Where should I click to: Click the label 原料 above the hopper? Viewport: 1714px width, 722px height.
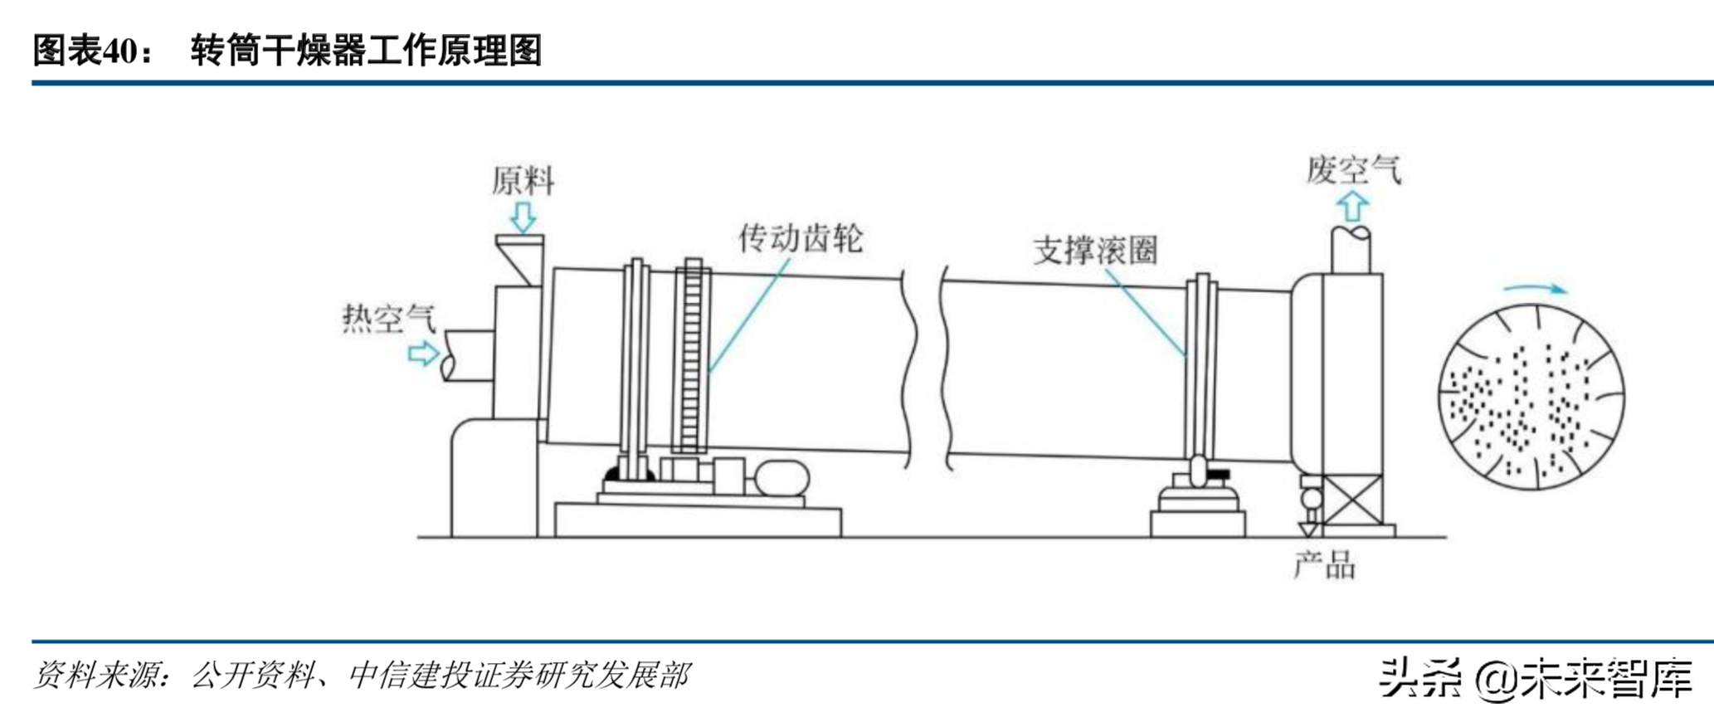(x=522, y=180)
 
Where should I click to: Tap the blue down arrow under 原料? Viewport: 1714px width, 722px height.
(x=523, y=217)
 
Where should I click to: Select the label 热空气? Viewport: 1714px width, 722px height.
(x=388, y=318)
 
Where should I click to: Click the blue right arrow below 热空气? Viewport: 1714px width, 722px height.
(x=423, y=354)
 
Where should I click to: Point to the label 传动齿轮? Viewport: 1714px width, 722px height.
(x=801, y=238)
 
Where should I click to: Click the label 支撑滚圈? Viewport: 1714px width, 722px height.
(x=1094, y=250)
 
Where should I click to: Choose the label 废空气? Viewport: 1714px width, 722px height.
(x=1353, y=169)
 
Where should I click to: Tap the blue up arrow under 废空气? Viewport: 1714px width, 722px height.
(x=1353, y=207)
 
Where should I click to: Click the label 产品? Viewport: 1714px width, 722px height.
(x=1324, y=566)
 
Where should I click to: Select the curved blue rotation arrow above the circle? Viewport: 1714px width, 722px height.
(x=1535, y=290)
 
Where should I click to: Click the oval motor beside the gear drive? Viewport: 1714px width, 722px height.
(x=780, y=480)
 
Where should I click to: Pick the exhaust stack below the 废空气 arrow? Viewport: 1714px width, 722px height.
(x=1351, y=249)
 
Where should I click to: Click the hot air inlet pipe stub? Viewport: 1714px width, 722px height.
(x=468, y=355)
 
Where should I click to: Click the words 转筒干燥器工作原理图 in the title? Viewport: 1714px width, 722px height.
(x=366, y=51)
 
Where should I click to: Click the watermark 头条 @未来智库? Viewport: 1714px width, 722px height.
(x=1536, y=678)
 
